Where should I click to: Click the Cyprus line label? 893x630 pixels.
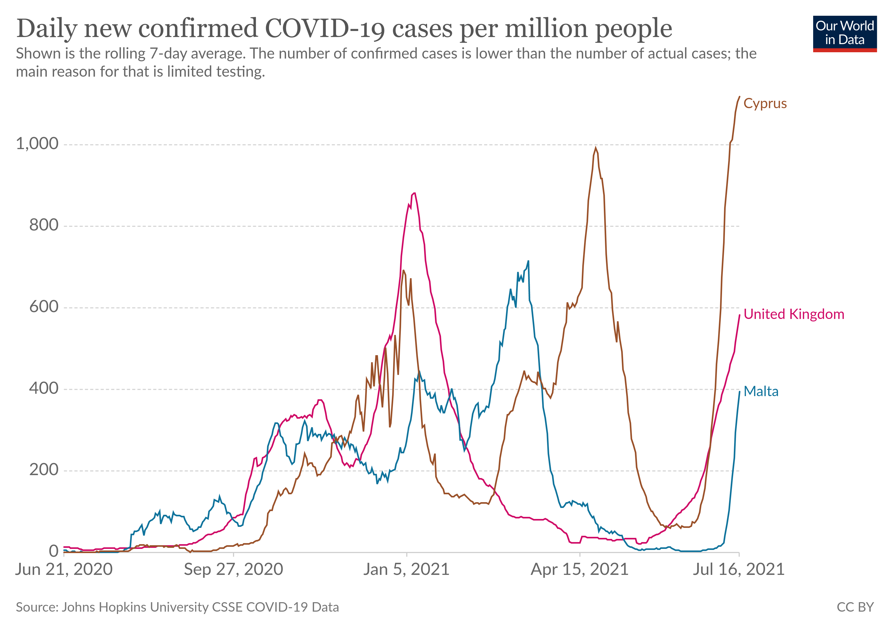[765, 103]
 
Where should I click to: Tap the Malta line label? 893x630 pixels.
[761, 391]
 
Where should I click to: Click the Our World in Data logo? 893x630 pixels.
[844, 33]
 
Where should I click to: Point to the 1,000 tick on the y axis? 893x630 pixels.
[37, 144]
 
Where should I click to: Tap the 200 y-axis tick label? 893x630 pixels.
[44, 470]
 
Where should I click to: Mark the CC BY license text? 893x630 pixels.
[855, 607]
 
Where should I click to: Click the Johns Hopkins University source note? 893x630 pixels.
[177, 607]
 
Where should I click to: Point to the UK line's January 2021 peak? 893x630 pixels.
[414, 193]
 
